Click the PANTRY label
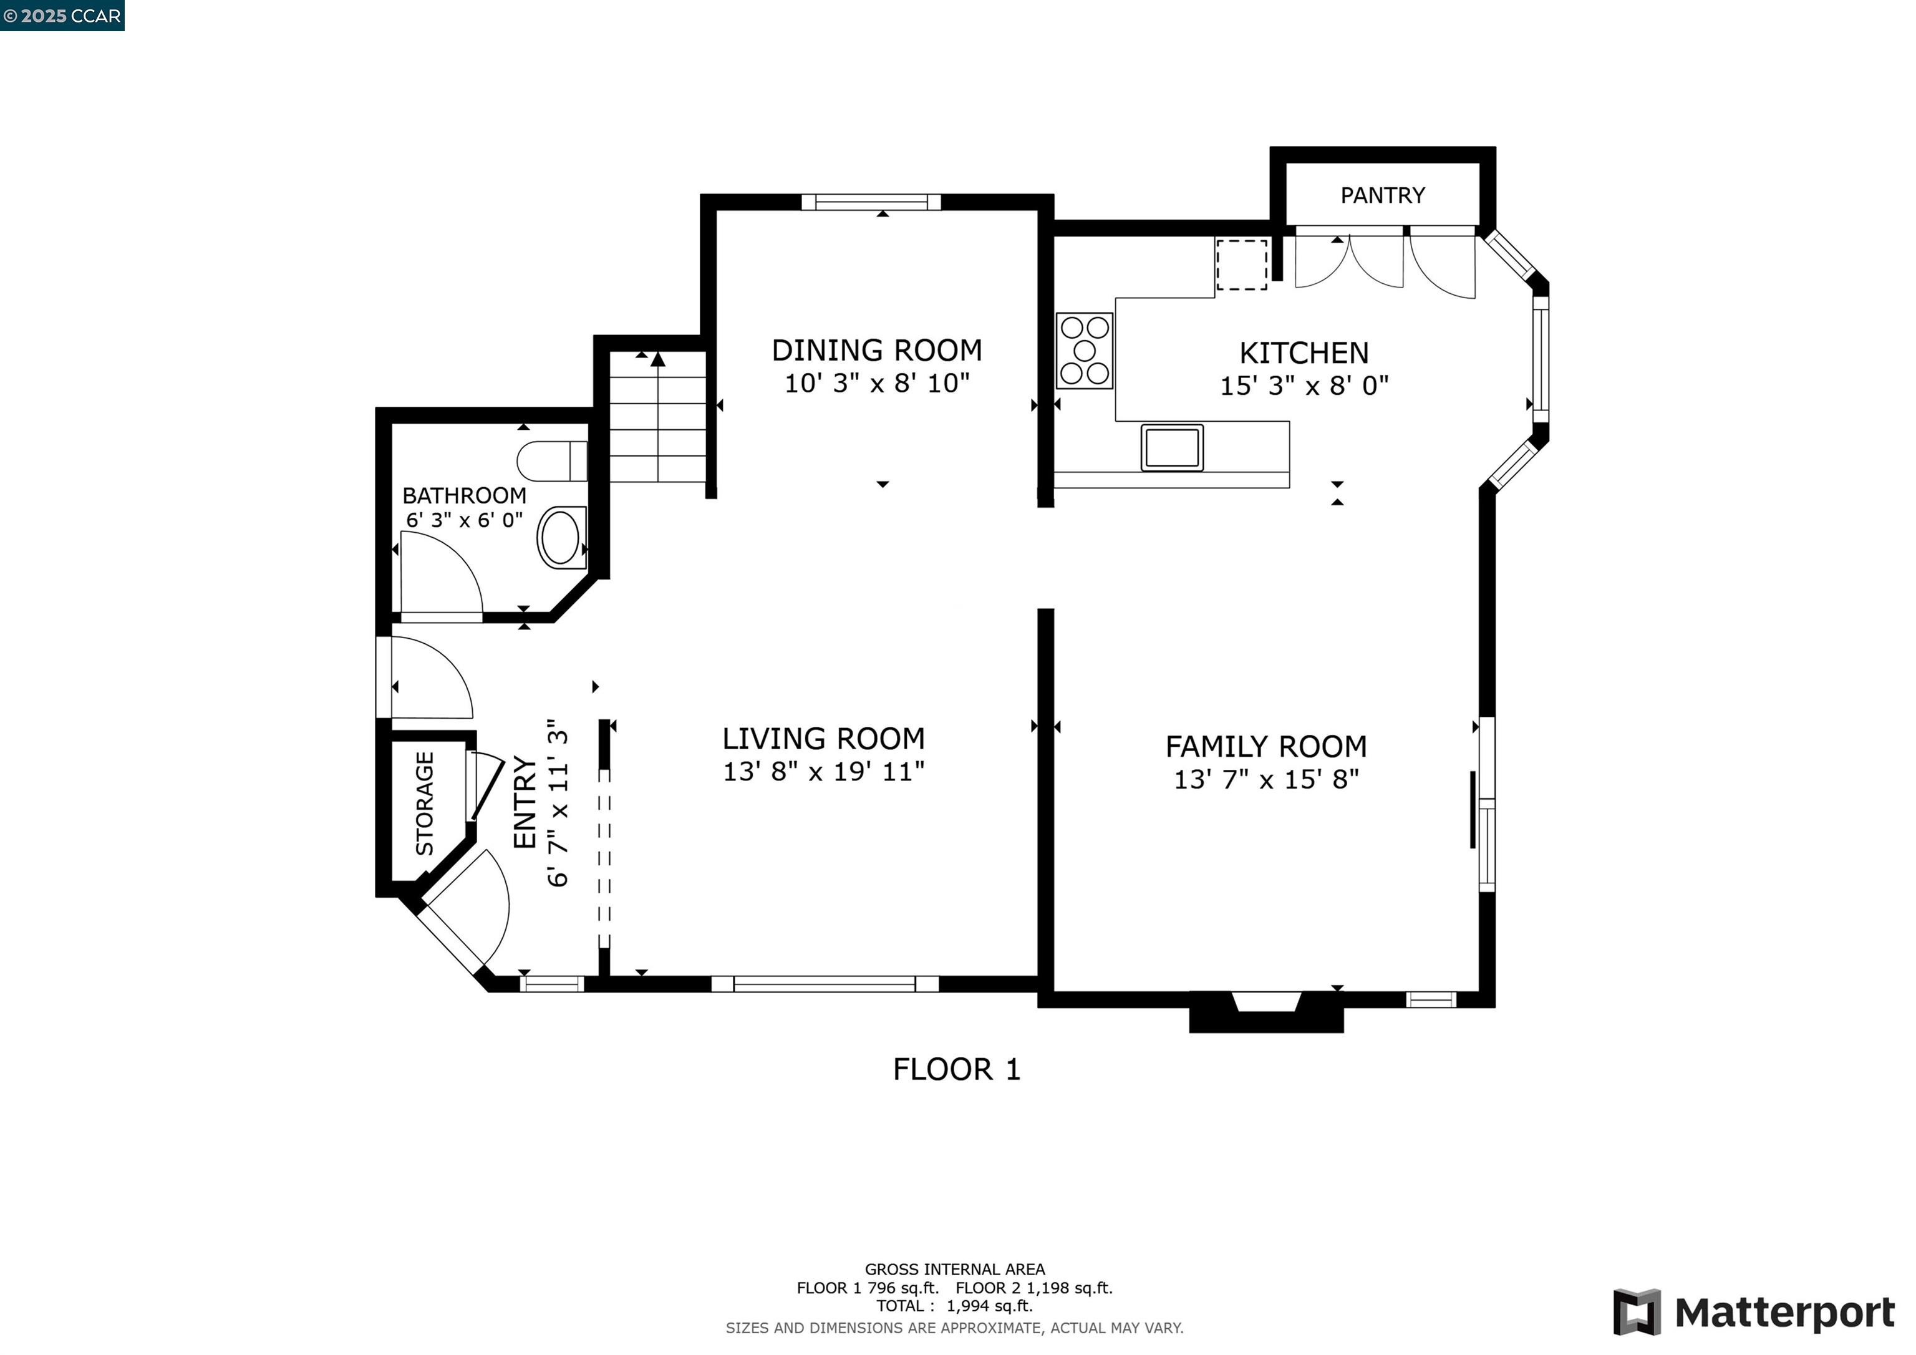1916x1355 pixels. point(1382,195)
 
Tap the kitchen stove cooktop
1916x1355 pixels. point(1084,351)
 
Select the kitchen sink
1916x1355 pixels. point(1172,447)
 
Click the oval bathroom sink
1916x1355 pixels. point(561,538)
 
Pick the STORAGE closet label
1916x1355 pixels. point(425,803)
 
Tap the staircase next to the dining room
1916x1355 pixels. point(659,417)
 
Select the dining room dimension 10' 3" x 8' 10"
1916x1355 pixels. point(877,383)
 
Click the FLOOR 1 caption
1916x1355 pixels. point(956,1069)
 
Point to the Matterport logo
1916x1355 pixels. point(1754,1311)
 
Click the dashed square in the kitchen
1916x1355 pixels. point(1242,265)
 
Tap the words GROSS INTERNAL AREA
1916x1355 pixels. point(955,1270)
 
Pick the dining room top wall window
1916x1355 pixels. point(871,202)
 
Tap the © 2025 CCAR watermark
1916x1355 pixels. point(62,16)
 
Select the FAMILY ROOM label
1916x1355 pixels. point(1266,746)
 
